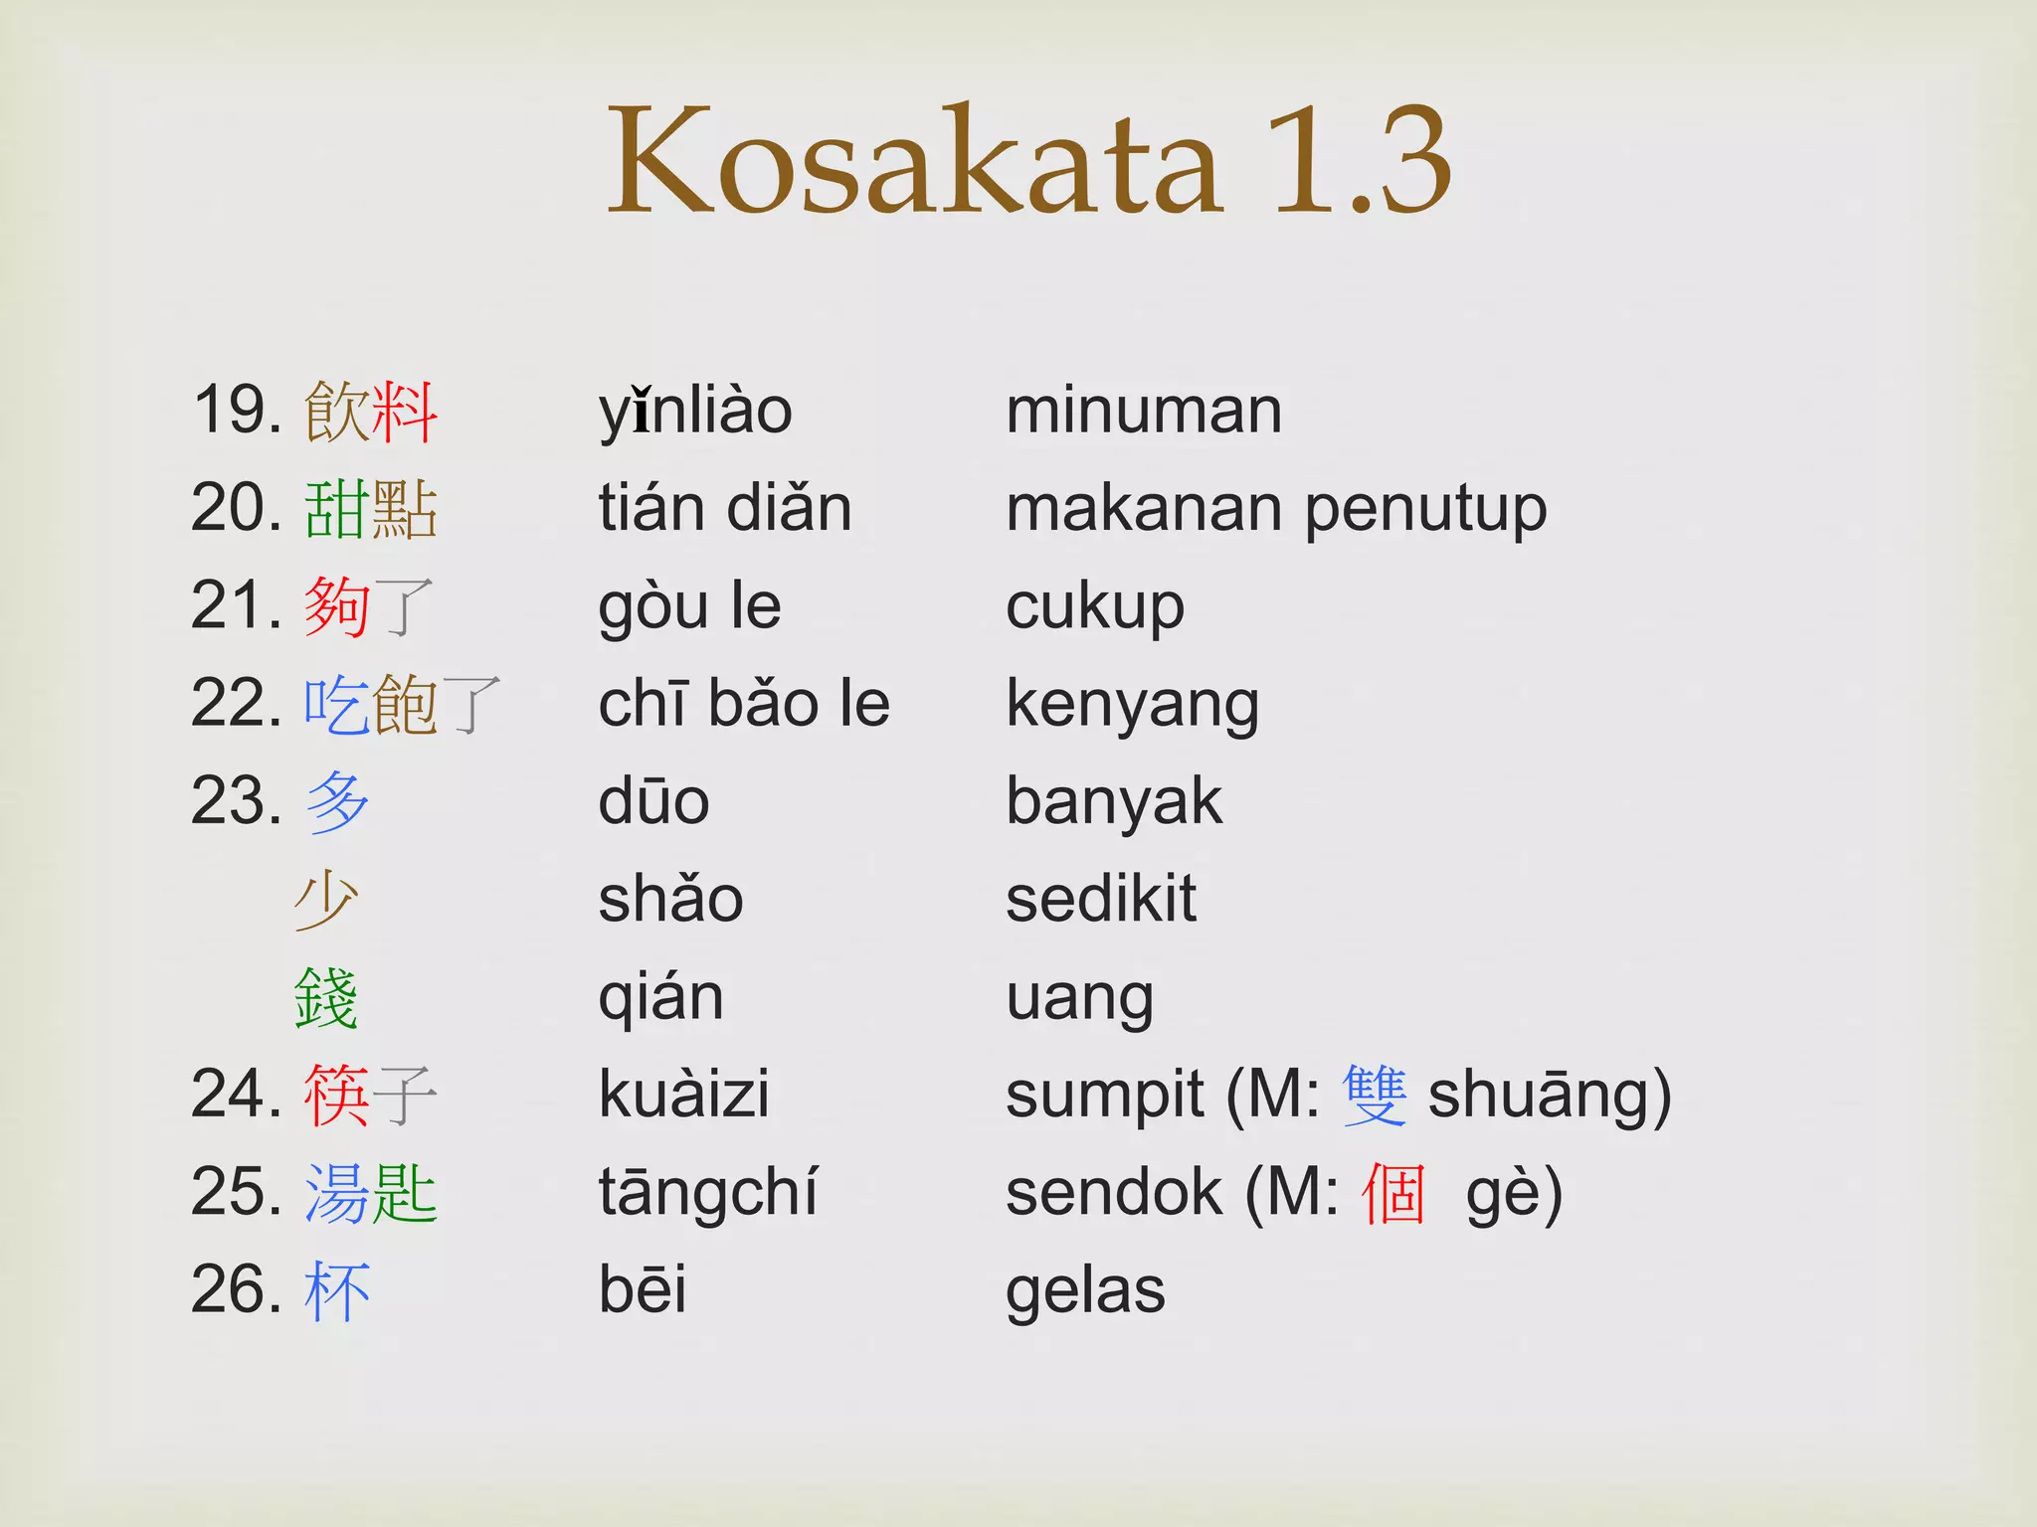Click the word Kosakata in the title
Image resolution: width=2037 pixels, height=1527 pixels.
(915, 161)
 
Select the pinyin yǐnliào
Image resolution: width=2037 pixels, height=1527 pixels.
(695, 411)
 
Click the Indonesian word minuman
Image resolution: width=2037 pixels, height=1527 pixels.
(1144, 411)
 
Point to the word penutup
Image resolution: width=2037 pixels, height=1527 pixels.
(1425, 509)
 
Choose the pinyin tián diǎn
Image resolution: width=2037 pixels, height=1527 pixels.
(725, 509)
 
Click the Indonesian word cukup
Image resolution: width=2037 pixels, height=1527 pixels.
(1095, 606)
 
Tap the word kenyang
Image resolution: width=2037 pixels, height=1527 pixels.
(1133, 705)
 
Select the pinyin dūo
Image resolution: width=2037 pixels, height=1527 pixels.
(653, 801)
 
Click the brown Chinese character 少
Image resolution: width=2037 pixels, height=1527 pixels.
(326, 900)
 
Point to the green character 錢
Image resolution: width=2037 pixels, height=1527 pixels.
(326, 997)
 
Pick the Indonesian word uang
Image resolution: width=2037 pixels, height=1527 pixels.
(1080, 997)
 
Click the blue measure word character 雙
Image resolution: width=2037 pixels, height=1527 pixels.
(1375, 1095)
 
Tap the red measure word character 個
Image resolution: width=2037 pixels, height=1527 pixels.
(1394, 1193)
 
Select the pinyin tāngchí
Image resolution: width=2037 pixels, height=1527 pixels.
(707, 1193)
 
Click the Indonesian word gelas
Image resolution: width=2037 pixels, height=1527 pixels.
(1085, 1290)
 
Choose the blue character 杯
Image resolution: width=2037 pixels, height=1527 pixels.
(338, 1290)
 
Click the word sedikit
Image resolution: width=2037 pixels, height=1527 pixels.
(1101, 900)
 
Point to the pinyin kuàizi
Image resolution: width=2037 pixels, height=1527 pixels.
(684, 1095)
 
